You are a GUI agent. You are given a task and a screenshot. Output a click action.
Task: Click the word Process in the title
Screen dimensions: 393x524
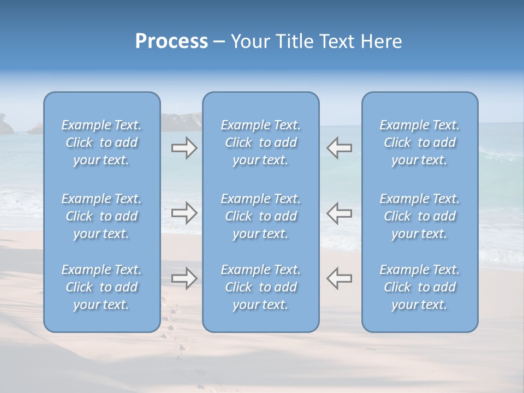tap(171, 41)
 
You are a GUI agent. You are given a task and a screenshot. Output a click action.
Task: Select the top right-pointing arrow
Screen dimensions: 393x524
tap(184, 148)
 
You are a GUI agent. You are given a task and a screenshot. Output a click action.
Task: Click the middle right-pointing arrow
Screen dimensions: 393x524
tap(184, 213)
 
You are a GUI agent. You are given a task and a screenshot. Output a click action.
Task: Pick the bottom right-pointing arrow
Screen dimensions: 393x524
tap(184, 278)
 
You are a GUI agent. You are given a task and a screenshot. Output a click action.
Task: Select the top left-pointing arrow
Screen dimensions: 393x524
tap(339, 148)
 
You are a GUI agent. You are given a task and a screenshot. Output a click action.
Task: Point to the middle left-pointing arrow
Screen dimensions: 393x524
tap(339, 213)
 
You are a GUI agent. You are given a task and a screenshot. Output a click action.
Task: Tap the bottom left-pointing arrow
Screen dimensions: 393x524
tap(339, 278)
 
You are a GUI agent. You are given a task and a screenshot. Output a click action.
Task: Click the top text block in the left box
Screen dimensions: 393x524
tap(102, 142)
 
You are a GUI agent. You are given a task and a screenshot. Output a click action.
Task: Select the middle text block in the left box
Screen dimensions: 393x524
tap(102, 216)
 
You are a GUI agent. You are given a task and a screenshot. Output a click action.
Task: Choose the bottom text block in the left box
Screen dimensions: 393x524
tap(102, 287)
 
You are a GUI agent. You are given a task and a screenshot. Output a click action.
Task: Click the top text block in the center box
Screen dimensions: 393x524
tap(260, 142)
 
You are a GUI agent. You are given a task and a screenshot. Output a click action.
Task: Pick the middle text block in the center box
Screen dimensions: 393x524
tap(260, 216)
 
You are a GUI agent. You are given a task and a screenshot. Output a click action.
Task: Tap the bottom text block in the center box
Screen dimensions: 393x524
tap(260, 287)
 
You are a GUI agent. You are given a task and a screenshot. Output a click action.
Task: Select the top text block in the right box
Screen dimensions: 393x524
tap(419, 142)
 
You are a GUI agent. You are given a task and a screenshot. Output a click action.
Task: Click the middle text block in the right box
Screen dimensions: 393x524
tap(419, 216)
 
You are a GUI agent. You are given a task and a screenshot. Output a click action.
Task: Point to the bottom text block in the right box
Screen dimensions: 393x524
tap(419, 287)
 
